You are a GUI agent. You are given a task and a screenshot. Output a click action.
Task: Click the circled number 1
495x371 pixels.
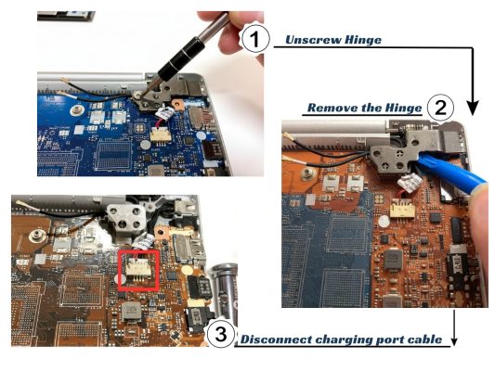(254, 38)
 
